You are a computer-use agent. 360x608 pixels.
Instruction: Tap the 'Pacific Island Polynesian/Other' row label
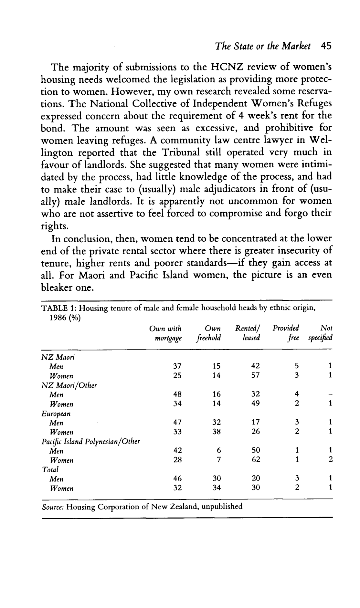click(91, 441)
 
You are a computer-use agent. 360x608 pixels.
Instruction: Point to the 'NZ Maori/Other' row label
click(69, 385)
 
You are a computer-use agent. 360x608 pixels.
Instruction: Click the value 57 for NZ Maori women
click(255, 376)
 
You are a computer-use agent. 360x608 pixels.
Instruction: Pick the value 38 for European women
click(217, 432)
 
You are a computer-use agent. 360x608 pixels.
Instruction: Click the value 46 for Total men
click(177, 478)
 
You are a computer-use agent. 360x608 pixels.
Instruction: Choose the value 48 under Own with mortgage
click(177, 394)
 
